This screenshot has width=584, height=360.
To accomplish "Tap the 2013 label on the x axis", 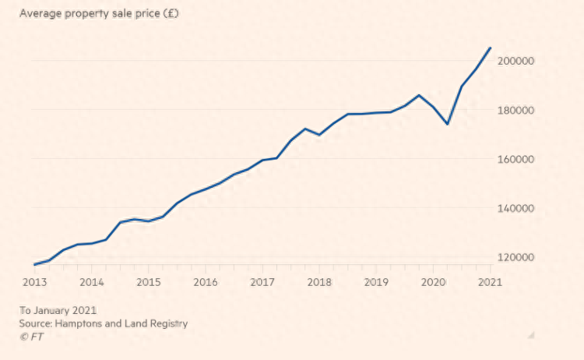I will [35, 282].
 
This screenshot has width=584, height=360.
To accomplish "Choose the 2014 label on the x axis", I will [92, 282].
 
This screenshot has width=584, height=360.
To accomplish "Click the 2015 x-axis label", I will [149, 282].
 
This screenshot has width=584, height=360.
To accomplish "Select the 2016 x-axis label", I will [206, 282].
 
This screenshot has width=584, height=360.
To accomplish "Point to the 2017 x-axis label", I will [262, 282].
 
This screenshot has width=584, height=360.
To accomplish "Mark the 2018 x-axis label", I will [319, 282].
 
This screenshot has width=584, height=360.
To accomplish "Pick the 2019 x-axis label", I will [376, 282].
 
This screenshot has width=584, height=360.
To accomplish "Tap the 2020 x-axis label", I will [433, 282].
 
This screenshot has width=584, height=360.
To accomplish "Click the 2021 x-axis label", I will [489, 282].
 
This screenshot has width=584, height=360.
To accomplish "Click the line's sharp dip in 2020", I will [447, 124].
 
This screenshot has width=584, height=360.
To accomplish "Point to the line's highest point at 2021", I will [490, 48].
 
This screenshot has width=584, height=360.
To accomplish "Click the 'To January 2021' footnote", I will [58, 310].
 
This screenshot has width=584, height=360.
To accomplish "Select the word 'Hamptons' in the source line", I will [83, 323].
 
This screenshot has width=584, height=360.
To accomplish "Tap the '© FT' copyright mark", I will [33, 336].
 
